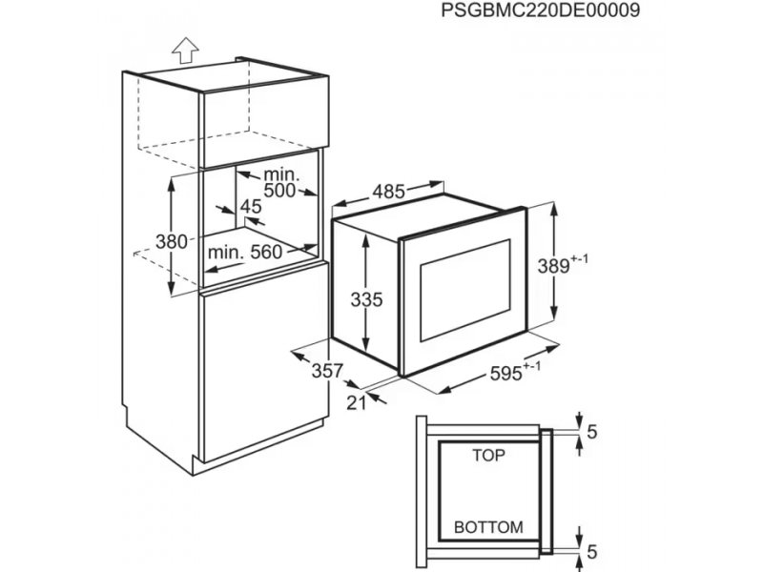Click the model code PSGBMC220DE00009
point(541,10)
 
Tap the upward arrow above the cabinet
point(185,51)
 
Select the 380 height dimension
point(172,241)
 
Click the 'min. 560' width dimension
point(245,252)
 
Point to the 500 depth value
point(279,190)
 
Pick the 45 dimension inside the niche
point(251,207)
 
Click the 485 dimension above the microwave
point(389,192)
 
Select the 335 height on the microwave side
point(367,299)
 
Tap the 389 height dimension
point(554,266)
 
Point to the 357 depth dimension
point(327,371)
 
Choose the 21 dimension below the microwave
point(356,402)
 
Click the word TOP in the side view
point(489,456)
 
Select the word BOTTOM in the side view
point(488,527)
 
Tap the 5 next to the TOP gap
point(591,432)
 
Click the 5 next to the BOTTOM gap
point(591,552)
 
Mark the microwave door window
point(465,291)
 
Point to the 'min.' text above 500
point(281,174)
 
